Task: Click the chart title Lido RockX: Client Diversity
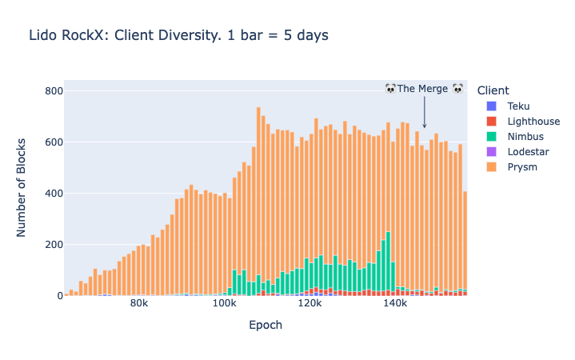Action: point(178,35)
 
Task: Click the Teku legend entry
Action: point(518,106)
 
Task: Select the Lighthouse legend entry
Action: point(533,122)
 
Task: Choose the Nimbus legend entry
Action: point(525,137)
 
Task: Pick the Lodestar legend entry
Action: point(527,152)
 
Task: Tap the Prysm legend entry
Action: point(522,167)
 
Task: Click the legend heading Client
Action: point(492,90)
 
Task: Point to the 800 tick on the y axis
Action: point(53,91)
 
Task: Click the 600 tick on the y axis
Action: point(53,142)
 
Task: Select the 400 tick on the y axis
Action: point(53,194)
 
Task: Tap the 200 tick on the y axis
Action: point(53,245)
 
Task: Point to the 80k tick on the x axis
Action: point(139,306)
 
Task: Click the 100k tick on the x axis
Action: point(225,306)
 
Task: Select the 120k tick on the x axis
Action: point(309,306)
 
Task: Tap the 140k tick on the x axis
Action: point(395,306)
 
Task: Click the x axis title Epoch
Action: point(266,326)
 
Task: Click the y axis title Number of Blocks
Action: point(22,194)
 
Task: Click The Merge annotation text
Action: point(424,89)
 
